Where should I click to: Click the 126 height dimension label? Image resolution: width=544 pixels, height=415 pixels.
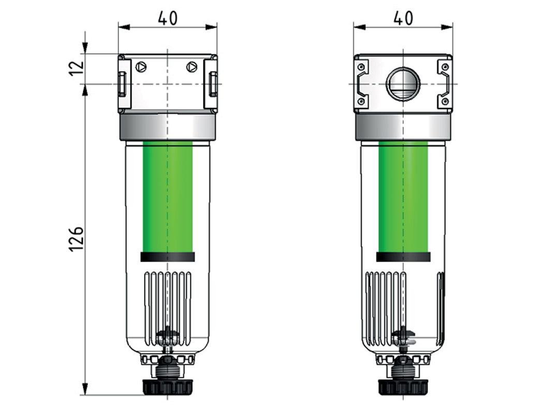76,238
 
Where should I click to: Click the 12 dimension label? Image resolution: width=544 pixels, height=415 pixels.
76,68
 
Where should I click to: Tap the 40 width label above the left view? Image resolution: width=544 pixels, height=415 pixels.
167,18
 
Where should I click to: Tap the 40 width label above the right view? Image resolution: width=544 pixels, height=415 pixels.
403,18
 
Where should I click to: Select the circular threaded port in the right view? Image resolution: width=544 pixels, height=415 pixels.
403,84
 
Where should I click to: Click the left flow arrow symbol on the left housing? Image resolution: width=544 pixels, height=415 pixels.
141,67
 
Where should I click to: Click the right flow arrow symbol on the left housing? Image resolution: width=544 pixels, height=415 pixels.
192,67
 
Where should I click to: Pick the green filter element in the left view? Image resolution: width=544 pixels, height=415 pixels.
168,196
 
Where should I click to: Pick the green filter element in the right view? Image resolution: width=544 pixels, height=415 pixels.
403,196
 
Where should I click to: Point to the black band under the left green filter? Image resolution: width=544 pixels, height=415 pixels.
168,257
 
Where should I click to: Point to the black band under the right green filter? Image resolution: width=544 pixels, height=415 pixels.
403,257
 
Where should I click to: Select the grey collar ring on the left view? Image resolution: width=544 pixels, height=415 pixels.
168,127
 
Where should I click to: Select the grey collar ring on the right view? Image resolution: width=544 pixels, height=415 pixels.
403,127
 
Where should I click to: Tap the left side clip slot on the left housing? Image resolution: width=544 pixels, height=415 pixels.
122,84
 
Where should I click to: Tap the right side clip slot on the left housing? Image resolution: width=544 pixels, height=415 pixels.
212,84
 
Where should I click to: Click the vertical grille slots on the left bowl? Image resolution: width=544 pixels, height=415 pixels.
168,305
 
